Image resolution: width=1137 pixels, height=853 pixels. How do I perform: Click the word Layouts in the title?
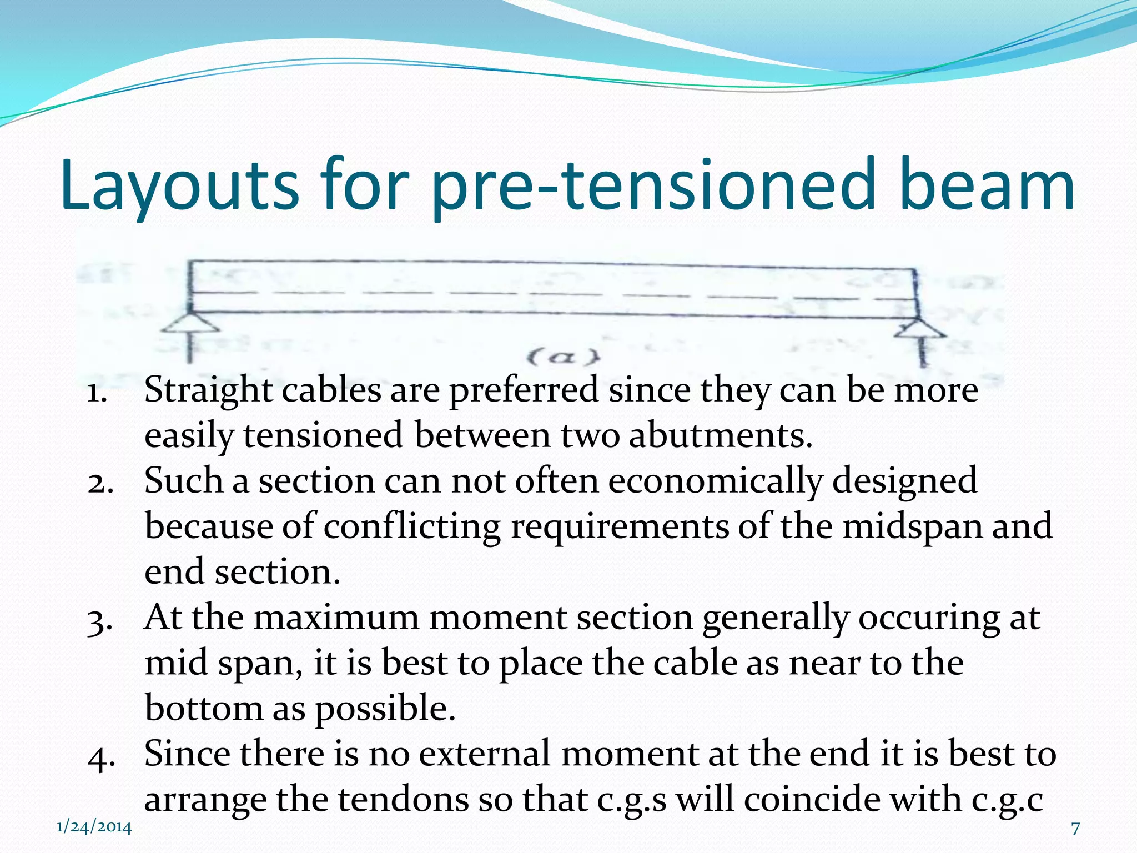(180, 186)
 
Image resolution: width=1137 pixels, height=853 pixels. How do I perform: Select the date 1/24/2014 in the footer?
(94, 827)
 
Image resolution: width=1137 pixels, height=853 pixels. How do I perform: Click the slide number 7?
(1075, 829)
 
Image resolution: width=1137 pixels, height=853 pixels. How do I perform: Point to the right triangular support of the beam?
(919, 328)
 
